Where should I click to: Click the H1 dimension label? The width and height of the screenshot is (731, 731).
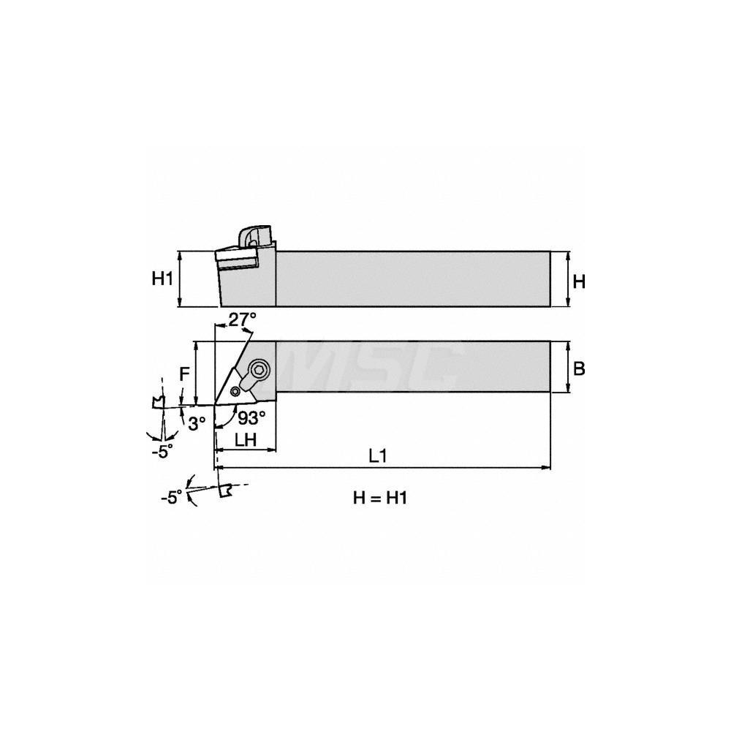tap(162, 279)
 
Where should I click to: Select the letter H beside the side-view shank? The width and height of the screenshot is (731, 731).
tap(578, 281)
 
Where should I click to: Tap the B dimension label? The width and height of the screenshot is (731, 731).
tap(578, 369)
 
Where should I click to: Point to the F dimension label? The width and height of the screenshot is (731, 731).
tap(185, 374)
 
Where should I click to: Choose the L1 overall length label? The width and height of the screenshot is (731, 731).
tap(377, 456)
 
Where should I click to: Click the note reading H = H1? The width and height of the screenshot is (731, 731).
tap(379, 499)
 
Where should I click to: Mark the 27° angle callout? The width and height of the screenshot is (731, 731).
tap(242, 319)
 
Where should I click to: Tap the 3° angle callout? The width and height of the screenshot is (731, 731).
tap(196, 423)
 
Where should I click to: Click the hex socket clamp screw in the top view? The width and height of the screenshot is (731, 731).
tap(260, 369)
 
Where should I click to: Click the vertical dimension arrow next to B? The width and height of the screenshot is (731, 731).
tap(569, 367)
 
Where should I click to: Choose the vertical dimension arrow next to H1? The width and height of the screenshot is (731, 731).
tap(180, 279)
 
